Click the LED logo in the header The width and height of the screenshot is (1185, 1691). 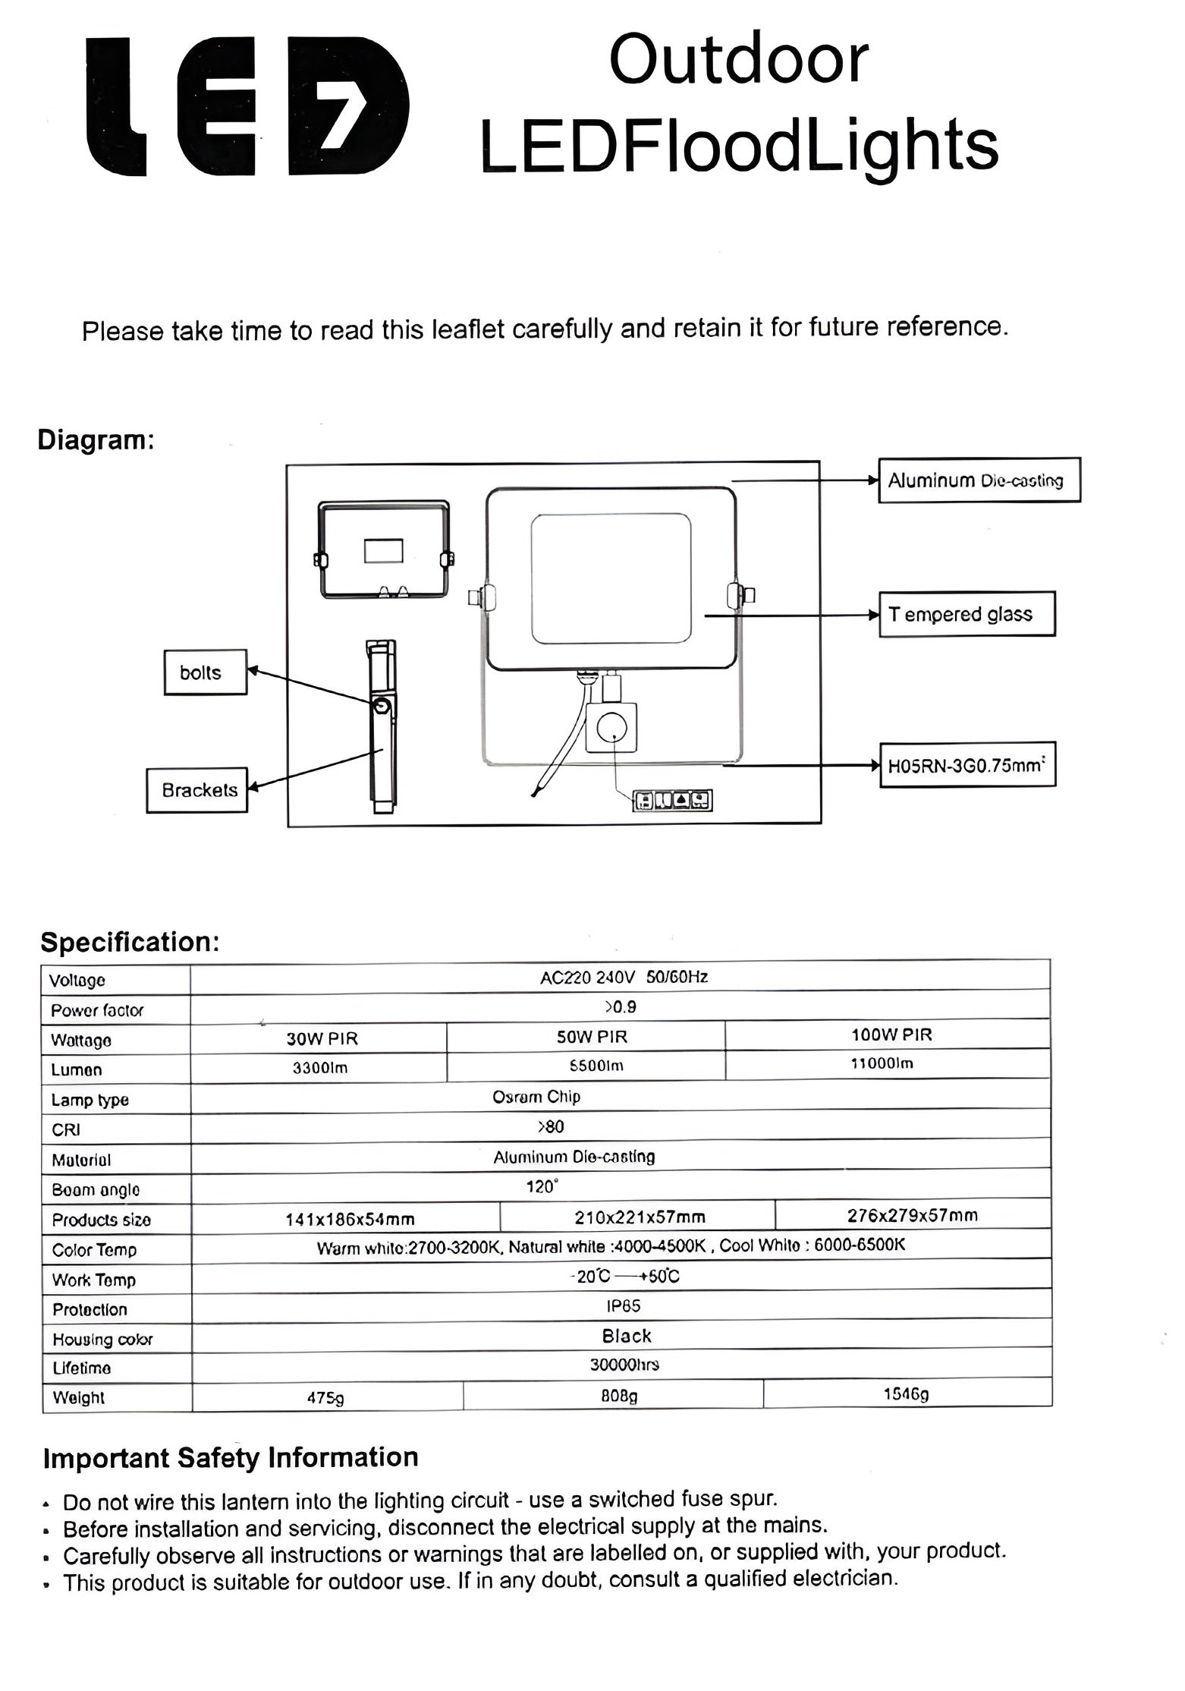[248, 107]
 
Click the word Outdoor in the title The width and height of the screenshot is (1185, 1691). [738, 60]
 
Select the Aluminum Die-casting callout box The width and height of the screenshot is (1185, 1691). [979, 480]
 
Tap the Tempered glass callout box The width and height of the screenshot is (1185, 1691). [966, 614]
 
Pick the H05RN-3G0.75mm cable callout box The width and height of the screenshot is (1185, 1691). [967, 765]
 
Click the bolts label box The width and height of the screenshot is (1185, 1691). [205, 672]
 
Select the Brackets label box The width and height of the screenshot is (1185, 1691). [197, 790]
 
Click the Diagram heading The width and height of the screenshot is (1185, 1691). [96, 440]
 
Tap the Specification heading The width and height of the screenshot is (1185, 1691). [130, 942]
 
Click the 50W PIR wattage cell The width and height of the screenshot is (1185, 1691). [592, 1037]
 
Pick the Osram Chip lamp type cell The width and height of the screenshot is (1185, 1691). [536, 1097]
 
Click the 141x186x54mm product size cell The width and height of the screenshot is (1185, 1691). [350, 1219]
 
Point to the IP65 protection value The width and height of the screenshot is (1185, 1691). [624, 1305]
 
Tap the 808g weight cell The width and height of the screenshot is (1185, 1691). [619, 1395]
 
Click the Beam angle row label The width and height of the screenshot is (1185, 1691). [96, 1190]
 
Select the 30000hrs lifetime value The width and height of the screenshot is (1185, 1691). [624, 1365]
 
